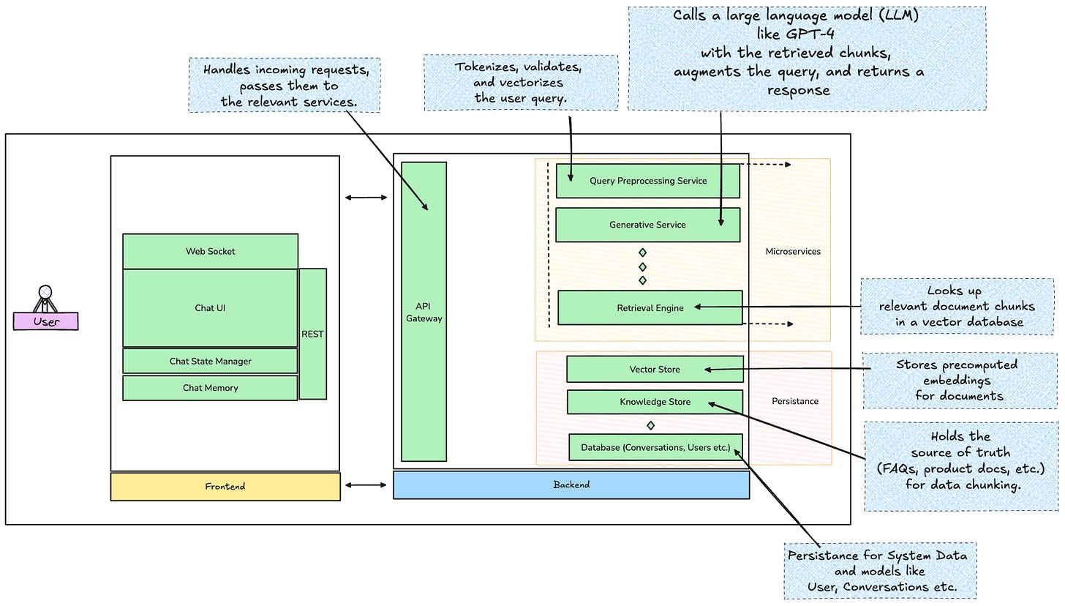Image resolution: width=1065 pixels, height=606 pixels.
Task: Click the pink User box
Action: (45, 321)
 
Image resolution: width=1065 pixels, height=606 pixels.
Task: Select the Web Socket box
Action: (210, 251)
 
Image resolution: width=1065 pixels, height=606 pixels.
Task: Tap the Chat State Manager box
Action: (210, 361)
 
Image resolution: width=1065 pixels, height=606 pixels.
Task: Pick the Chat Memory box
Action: (210, 388)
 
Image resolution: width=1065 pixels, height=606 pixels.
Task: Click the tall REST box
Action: (312, 334)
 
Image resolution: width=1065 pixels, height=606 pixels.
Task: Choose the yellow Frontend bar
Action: (225, 487)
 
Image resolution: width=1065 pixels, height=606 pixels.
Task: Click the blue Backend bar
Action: (571, 485)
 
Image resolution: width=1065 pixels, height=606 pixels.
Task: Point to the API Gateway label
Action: (424, 313)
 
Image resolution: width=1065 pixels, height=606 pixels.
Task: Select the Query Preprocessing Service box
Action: (648, 181)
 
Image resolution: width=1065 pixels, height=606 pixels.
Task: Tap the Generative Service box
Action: (647, 225)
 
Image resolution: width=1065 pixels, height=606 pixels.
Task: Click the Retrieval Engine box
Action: (650, 308)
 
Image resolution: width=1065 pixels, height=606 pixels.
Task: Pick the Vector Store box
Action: (655, 370)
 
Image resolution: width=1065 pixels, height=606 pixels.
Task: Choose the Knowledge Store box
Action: (655, 402)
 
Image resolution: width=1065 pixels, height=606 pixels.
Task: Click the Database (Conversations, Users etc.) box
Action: (655, 447)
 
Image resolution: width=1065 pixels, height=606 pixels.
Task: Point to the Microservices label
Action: (793, 252)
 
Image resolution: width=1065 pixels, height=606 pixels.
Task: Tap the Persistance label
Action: (795, 401)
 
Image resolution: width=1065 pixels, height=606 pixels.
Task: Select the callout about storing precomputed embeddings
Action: (959, 380)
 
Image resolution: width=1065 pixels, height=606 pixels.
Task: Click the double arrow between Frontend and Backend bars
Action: (366, 485)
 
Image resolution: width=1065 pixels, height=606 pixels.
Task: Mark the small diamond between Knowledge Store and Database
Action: (650, 425)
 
